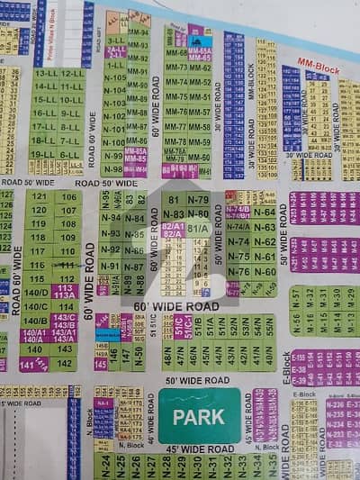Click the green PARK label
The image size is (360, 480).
pos(199,417)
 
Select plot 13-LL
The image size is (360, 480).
pos(46,74)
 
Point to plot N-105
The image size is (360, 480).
pos(114,78)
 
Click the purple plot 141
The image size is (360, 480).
pos(28,364)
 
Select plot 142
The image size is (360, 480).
pos(66,363)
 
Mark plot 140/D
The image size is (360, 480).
pos(36,293)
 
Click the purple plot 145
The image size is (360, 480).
pos(101,363)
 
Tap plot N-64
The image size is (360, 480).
pos(265,213)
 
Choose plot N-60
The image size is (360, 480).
pos(265,271)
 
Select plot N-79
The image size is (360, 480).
pos(198,200)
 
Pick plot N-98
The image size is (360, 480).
pos(114,168)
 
